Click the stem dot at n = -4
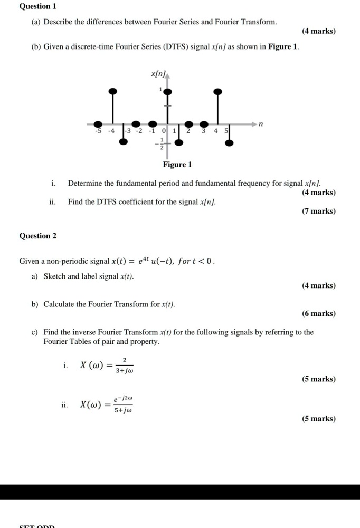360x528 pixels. point(112,91)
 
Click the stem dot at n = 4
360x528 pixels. point(217,92)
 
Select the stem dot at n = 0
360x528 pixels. point(168,92)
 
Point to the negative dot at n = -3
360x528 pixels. point(124,141)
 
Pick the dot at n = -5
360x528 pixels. point(98,123)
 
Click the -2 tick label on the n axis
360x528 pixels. point(138,130)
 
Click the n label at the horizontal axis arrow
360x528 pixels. point(261,124)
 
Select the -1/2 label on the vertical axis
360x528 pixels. point(159,143)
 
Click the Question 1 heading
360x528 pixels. point(37,6)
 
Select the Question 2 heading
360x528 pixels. point(37,236)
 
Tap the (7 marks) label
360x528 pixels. point(319,211)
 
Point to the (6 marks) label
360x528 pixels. point(319,313)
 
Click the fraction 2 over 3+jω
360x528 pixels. point(124,364)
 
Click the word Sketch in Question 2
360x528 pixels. point(54,276)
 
